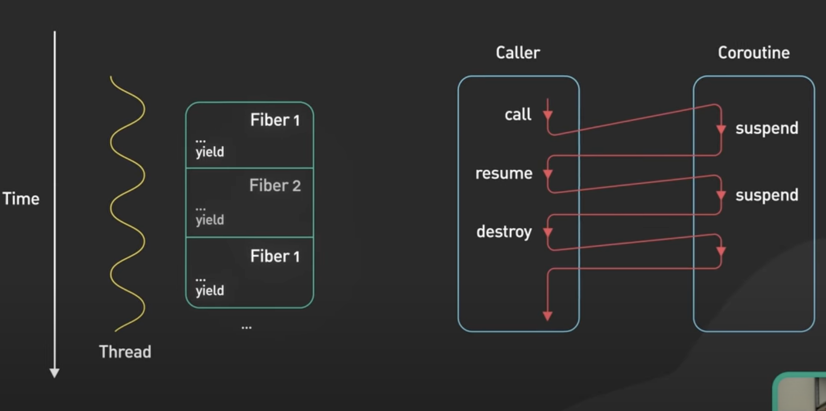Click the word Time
pos(21,199)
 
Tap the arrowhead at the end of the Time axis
pos(55,373)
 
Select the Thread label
pos(125,352)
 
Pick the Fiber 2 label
pos(275,186)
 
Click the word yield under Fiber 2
pos(210,220)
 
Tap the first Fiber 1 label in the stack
pos(275,120)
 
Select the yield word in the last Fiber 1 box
pos(210,290)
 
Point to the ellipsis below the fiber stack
pos(246,327)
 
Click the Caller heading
pos(518,52)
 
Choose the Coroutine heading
pos(753,52)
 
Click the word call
pos(518,114)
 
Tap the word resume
pos(504,173)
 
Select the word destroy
pos(504,231)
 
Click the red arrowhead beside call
pos(548,115)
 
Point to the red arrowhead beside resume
pos(548,174)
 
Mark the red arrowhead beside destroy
pos(548,232)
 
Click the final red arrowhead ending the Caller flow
pos(548,316)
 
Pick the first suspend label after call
pos(767,128)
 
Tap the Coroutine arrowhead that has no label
pos(721,252)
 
